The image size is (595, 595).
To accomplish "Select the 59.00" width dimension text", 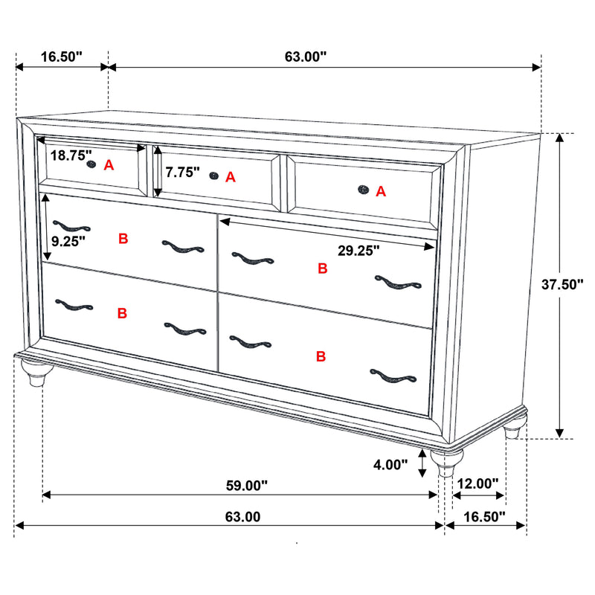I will [245, 486].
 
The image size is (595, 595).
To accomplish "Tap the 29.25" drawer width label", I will [358, 251].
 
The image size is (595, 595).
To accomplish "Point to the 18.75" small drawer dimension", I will [71, 155].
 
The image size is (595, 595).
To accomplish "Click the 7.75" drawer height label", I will [183, 173].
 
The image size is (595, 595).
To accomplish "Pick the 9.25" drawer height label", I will [68, 240].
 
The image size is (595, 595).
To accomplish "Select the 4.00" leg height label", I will [390, 465].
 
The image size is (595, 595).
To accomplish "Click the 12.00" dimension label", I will [477, 483].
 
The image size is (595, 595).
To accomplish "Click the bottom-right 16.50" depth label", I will [483, 515].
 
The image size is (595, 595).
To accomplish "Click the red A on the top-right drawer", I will [381, 192].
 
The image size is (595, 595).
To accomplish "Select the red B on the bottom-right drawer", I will [321, 357].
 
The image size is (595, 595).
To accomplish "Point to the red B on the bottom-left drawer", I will [122, 314].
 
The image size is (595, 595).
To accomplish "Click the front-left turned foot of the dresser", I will [33, 373].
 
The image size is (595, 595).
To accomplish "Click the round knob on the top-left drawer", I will [91, 164].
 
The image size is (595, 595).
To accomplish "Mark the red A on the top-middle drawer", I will [230, 177].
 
